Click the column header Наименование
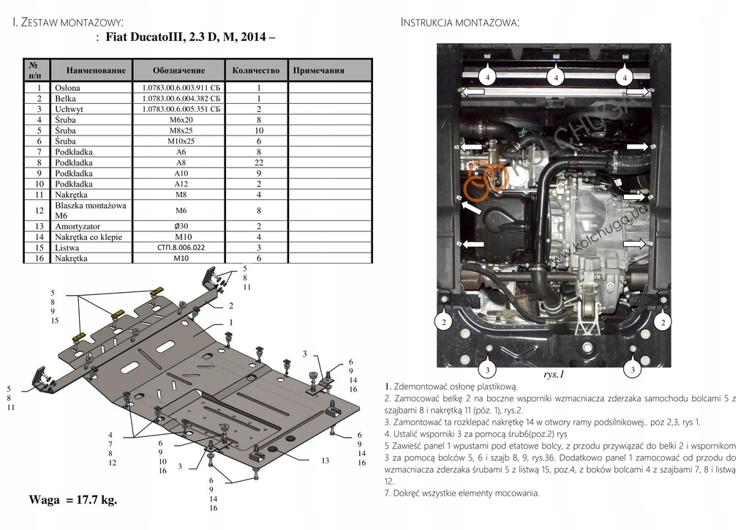point(96,71)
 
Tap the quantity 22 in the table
point(257,163)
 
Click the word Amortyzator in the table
point(78,227)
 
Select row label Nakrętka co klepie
point(88,237)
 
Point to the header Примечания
point(318,71)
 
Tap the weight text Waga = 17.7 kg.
point(72,500)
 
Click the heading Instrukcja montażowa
point(460,23)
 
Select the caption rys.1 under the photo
point(554,374)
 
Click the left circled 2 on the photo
point(444,321)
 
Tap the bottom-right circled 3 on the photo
point(632,369)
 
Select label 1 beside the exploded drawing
point(230,323)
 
